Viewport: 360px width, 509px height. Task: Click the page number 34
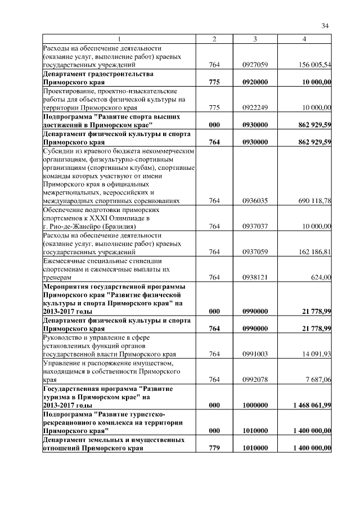coord(325,25)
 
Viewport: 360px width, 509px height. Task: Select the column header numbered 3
coord(255,39)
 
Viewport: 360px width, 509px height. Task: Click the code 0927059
coord(255,65)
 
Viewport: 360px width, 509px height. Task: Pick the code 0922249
coord(255,107)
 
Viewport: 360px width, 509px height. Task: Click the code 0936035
coord(255,200)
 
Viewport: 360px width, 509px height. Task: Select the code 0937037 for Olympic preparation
coord(255,226)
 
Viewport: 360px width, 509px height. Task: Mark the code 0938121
coord(255,277)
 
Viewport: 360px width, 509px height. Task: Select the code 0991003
coord(255,354)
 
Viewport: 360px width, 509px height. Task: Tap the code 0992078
coord(255,380)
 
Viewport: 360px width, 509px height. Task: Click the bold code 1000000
coord(255,405)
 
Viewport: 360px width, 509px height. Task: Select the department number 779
coord(214,448)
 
